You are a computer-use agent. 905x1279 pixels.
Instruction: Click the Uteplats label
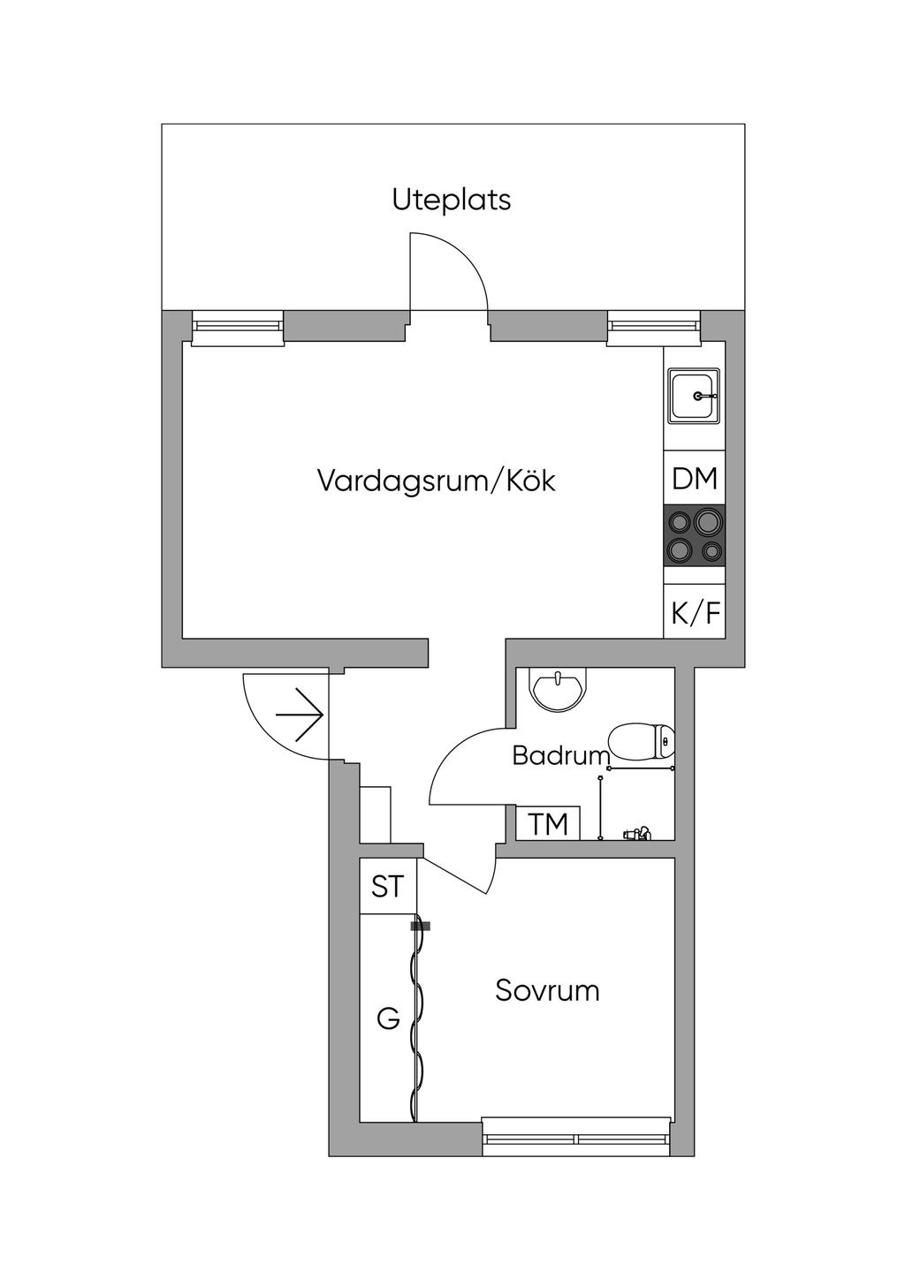coord(452,201)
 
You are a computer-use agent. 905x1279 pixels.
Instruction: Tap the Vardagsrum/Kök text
coord(436,481)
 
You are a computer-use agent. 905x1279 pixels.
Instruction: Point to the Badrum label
coord(561,755)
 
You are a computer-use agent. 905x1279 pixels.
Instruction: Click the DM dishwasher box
coord(694,478)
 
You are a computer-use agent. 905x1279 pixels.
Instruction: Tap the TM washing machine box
coord(548,823)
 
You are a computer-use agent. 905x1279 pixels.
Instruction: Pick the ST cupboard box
coord(388,887)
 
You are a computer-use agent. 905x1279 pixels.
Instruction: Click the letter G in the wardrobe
coord(388,1018)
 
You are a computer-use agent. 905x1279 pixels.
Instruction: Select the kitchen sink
coord(694,395)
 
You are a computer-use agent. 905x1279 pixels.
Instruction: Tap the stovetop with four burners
coord(694,535)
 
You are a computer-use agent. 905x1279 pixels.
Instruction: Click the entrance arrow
coord(300,715)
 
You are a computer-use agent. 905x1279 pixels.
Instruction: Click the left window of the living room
coord(238,328)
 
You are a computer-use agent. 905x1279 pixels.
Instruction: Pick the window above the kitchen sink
coord(654,328)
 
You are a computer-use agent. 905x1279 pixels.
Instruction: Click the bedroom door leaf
coord(455,874)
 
